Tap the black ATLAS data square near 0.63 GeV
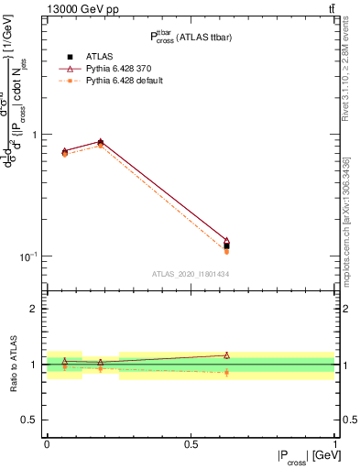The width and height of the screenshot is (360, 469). click(x=226, y=245)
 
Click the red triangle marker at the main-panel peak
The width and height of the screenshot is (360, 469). click(x=100, y=142)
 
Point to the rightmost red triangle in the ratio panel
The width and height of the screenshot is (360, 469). click(x=226, y=354)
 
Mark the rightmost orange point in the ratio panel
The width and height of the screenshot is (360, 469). click(x=226, y=373)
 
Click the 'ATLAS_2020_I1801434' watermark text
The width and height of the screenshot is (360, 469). click(x=190, y=274)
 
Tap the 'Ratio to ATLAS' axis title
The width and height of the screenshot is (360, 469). click(x=14, y=364)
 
